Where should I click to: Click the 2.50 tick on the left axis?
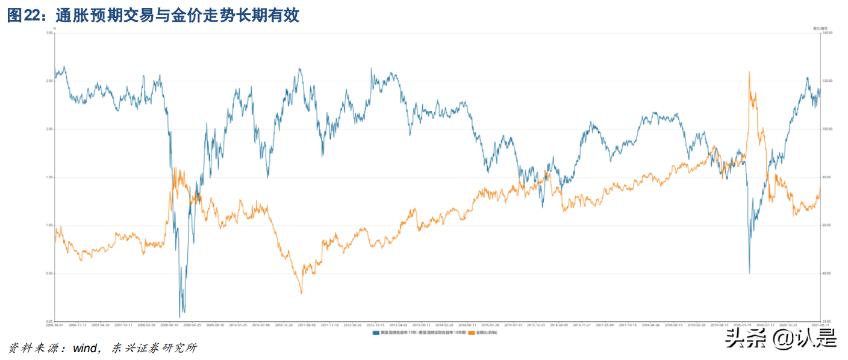49,81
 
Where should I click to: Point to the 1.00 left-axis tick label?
49,225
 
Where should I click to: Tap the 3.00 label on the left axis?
49,33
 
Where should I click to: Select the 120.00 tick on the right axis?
828,81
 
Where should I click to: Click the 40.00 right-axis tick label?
828,273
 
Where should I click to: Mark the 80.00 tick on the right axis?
828,177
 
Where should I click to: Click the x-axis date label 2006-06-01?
55,325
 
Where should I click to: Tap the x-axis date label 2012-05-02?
352,325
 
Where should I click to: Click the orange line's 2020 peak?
749,72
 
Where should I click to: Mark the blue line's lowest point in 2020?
749,273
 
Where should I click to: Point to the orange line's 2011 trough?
301,293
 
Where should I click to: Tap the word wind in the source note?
85,348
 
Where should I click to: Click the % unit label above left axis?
54,28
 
